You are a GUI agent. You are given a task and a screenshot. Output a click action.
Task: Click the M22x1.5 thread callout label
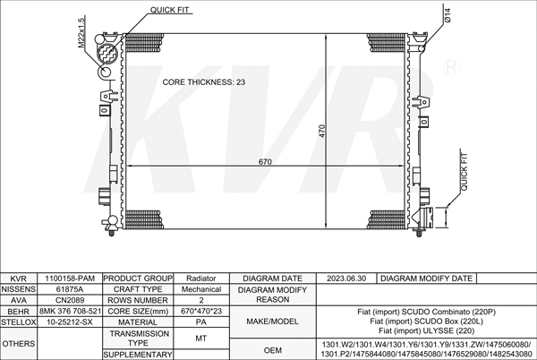point(81,32)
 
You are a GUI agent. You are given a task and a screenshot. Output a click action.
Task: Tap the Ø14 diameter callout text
point(447,15)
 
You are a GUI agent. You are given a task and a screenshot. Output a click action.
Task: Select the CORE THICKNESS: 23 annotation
point(204,82)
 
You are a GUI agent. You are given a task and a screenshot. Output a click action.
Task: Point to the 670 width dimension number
point(265,162)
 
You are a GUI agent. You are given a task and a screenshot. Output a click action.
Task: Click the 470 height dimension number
point(322,131)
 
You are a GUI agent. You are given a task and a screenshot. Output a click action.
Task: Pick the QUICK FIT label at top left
point(169,10)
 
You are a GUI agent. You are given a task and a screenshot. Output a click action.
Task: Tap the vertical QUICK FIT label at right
point(464,172)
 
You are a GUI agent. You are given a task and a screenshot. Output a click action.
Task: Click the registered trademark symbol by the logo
point(451,67)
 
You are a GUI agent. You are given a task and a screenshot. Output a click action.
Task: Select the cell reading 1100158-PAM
point(70,279)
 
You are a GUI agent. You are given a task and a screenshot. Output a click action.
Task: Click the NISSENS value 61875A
point(70,289)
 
